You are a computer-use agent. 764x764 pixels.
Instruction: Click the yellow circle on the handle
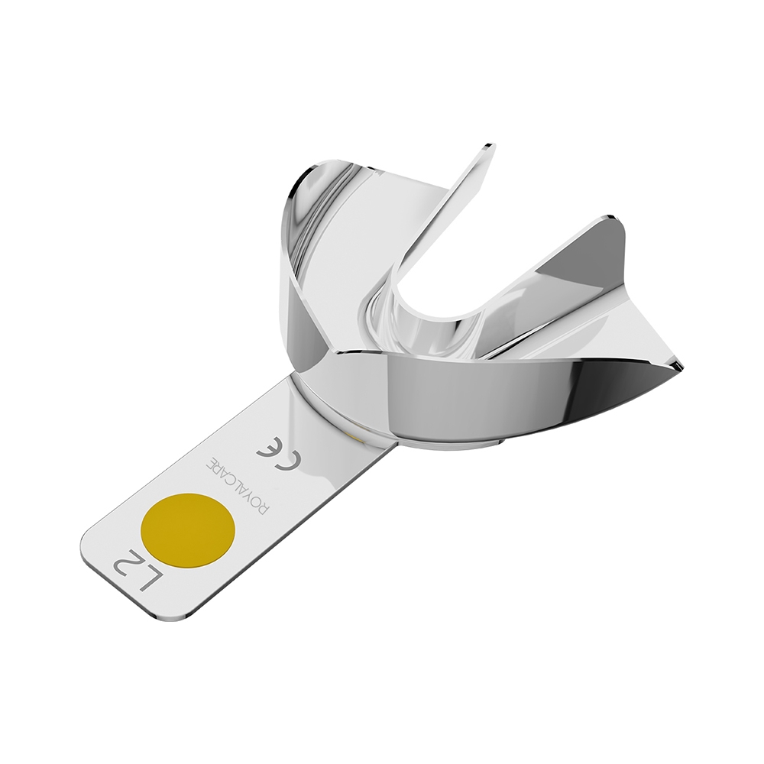(187, 529)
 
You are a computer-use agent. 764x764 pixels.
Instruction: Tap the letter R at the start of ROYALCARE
(262, 510)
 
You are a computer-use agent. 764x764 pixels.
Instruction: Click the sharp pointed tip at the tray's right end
(683, 368)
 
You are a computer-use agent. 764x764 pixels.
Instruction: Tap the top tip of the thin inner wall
(488, 145)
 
